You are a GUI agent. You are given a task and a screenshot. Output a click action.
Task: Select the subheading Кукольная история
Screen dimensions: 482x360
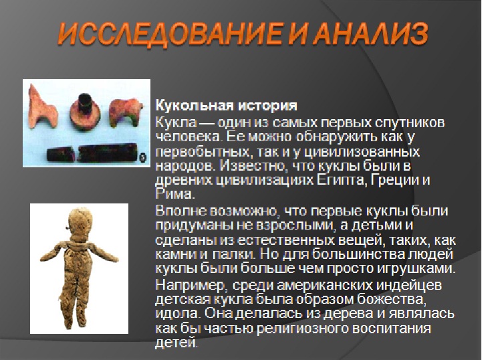click(226, 106)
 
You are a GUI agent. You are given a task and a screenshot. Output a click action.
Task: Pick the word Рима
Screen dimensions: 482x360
click(175, 194)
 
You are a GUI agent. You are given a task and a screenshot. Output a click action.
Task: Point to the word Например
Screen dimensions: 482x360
click(191, 285)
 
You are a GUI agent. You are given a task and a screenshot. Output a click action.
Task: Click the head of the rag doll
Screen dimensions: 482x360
click(80, 221)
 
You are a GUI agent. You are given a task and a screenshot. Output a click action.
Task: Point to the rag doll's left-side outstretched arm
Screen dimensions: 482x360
click(54, 252)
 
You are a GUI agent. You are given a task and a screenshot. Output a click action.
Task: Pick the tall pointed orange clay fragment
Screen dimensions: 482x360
click(42, 107)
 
